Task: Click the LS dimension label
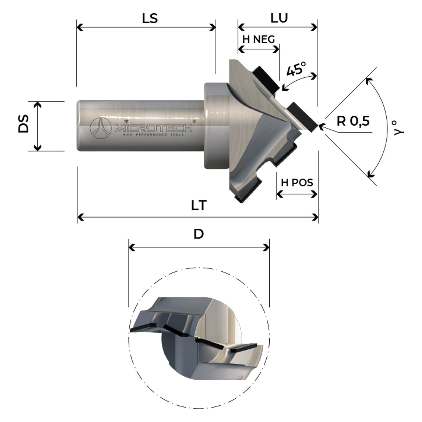[x=150, y=18]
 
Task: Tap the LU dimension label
[x=279, y=18]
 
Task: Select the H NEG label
[x=259, y=39]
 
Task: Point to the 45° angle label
[x=296, y=69]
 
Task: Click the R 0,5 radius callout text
[x=353, y=121]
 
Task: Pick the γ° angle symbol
[x=399, y=128]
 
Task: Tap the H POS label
[x=297, y=183]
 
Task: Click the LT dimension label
[x=199, y=205]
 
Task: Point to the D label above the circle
[x=199, y=234]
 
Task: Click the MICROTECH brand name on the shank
[x=153, y=128]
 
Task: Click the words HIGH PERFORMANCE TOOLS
[x=153, y=135]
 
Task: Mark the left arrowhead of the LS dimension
[x=79, y=27]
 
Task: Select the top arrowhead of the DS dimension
[x=37, y=104]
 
